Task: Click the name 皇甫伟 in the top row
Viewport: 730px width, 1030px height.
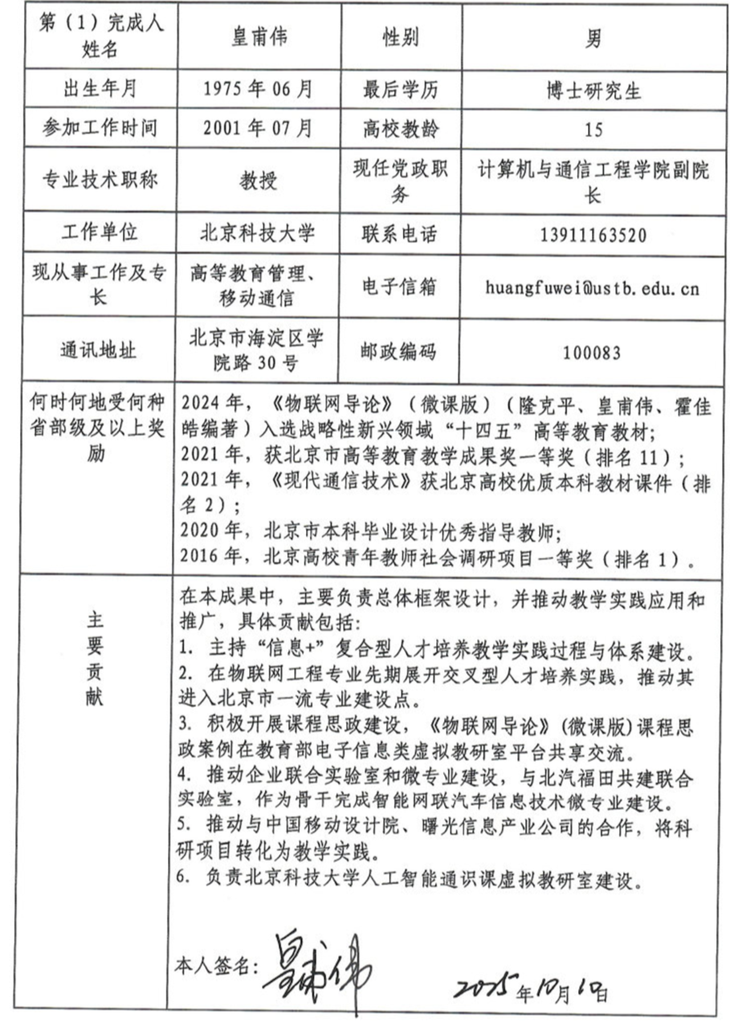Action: [x=258, y=37]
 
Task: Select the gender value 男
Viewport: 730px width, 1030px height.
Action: [x=593, y=37]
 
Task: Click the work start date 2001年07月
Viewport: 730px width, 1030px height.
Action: [x=258, y=128]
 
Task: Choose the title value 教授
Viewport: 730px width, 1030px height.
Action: [x=258, y=181]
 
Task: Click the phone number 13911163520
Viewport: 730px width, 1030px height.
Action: [x=593, y=234]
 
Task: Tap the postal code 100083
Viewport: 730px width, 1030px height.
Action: [x=593, y=350]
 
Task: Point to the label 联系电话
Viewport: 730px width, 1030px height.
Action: [x=400, y=234]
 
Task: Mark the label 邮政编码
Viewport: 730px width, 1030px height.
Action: [x=400, y=350]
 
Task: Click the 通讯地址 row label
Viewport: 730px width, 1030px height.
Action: [x=98, y=350]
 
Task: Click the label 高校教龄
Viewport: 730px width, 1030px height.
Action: [x=400, y=128]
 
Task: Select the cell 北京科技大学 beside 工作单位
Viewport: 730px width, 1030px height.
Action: [x=258, y=234]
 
